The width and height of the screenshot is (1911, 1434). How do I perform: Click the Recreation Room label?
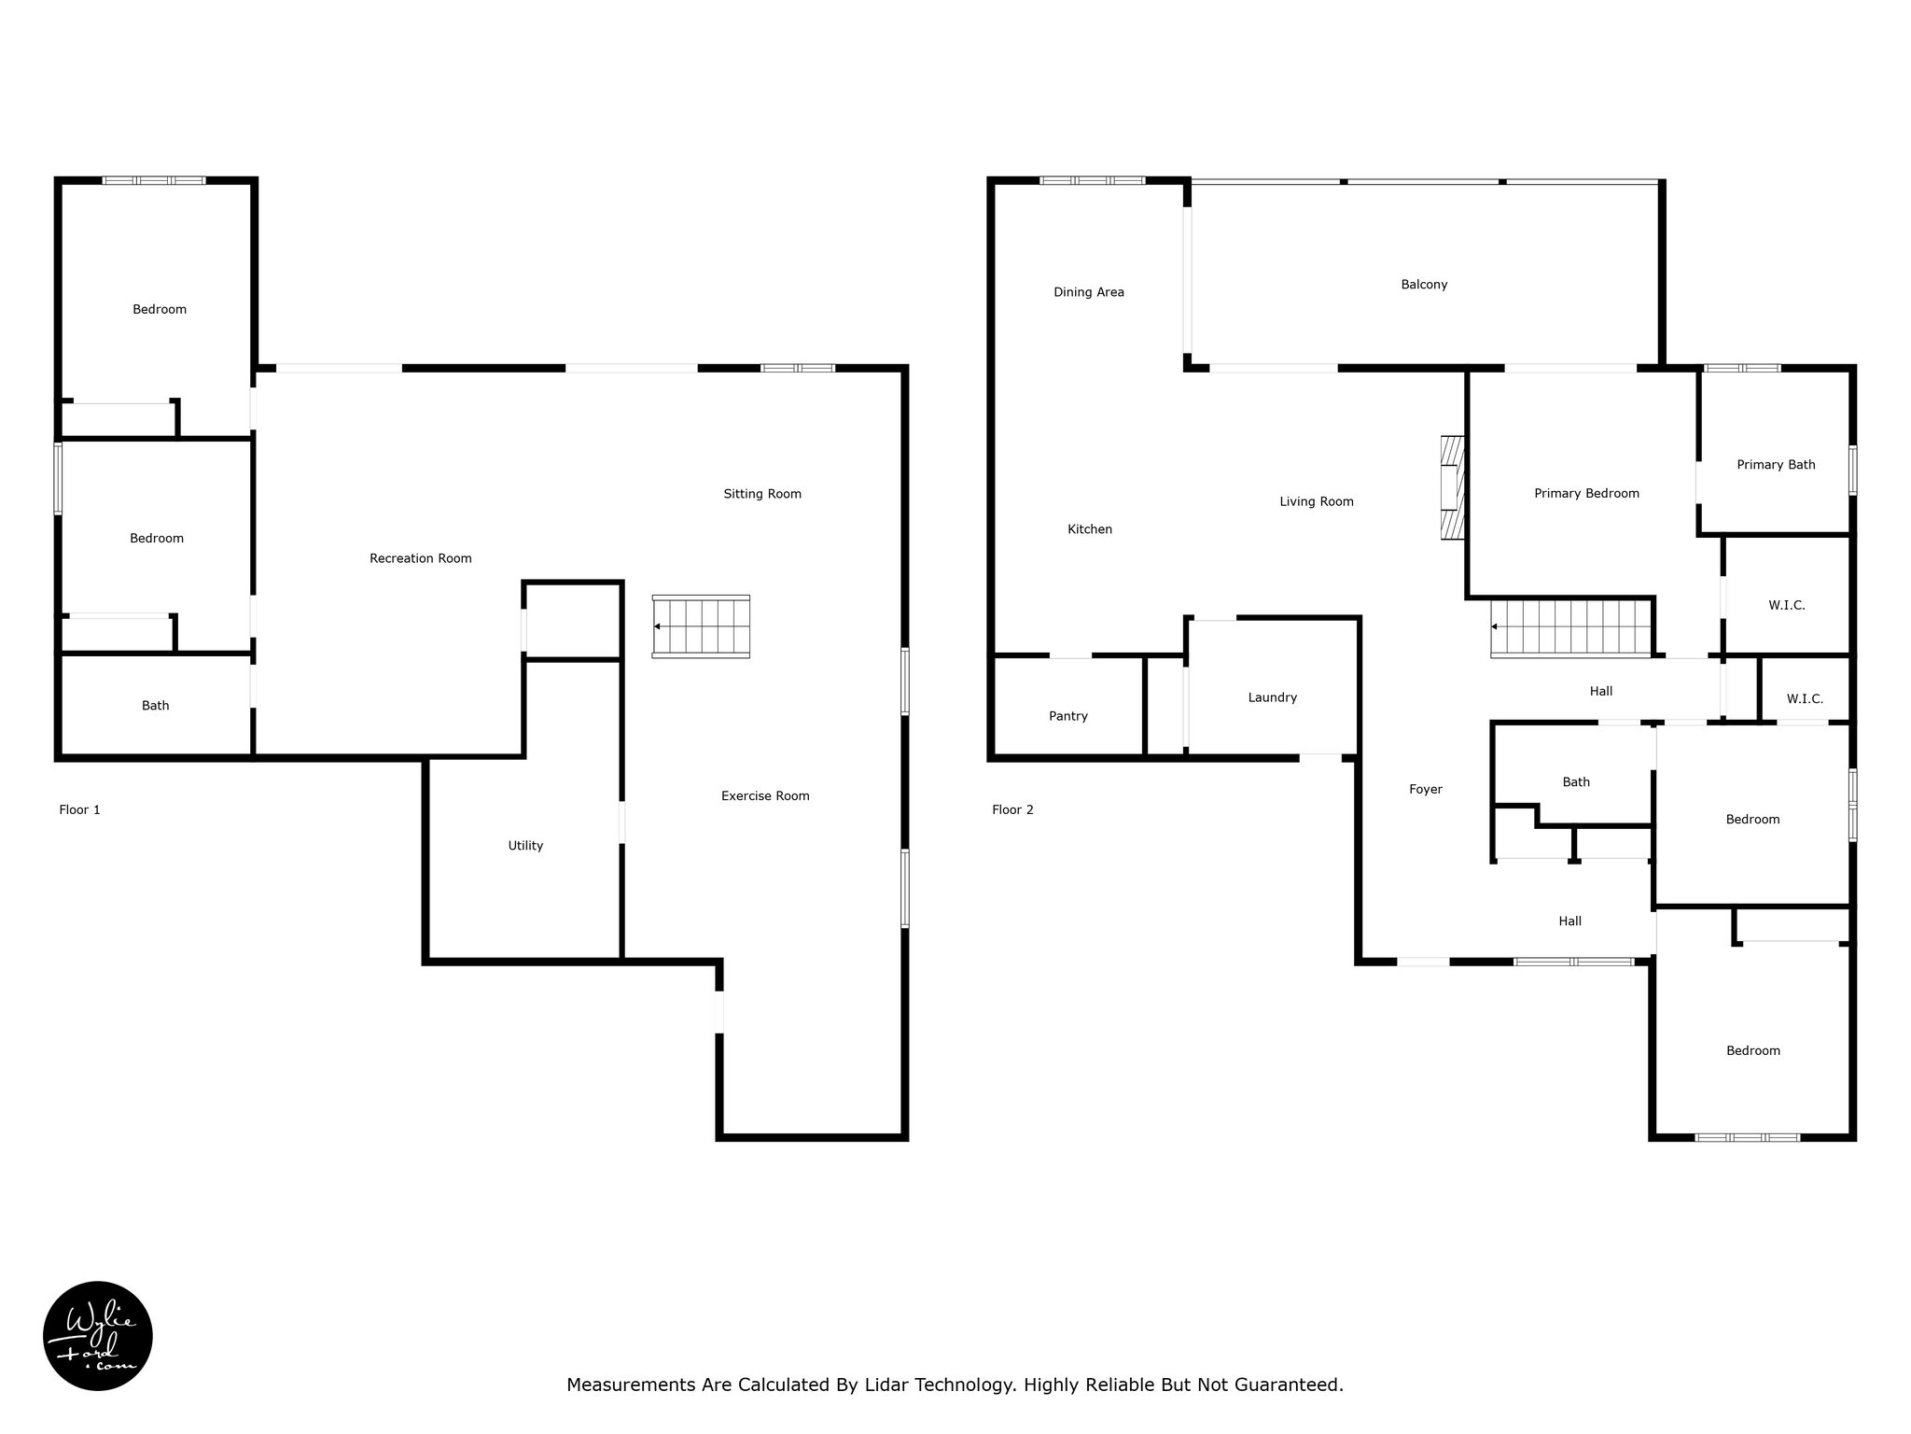pyautogui.click(x=421, y=558)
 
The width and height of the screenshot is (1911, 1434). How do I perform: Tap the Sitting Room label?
pyautogui.click(x=762, y=494)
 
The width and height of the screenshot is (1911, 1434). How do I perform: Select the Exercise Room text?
pyautogui.click(x=765, y=795)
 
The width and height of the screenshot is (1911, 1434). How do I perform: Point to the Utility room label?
pyautogui.click(x=525, y=846)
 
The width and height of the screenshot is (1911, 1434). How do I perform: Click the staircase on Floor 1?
pyautogui.click(x=701, y=626)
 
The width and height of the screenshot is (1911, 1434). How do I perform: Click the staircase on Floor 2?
pyautogui.click(x=1570, y=627)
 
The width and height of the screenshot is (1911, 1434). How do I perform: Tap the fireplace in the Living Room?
pyautogui.click(x=1452, y=487)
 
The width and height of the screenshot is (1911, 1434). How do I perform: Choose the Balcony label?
pyautogui.click(x=1424, y=285)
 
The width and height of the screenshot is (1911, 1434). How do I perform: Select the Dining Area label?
pyautogui.click(x=1089, y=292)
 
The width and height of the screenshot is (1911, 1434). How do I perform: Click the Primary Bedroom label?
pyautogui.click(x=1586, y=494)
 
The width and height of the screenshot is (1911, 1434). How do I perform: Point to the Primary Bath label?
pyautogui.click(x=1776, y=465)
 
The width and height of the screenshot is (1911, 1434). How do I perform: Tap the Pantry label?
pyautogui.click(x=1068, y=716)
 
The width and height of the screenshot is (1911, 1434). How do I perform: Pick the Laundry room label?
pyautogui.click(x=1273, y=697)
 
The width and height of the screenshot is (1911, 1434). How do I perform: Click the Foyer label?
pyautogui.click(x=1426, y=790)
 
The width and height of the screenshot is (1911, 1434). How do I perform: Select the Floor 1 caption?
pyautogui.click(x=79, y=809)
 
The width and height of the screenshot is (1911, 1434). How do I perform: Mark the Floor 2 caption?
pyautogui.click(x=1012, y=809)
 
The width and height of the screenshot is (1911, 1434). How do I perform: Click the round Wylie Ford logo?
pyautogui.click(x=98, y=1336)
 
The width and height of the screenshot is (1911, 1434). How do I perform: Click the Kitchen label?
pyautogui.click(x=1090, y=529)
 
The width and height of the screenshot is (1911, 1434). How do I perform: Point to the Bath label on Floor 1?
pyautogui.click(x=156, y=706)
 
